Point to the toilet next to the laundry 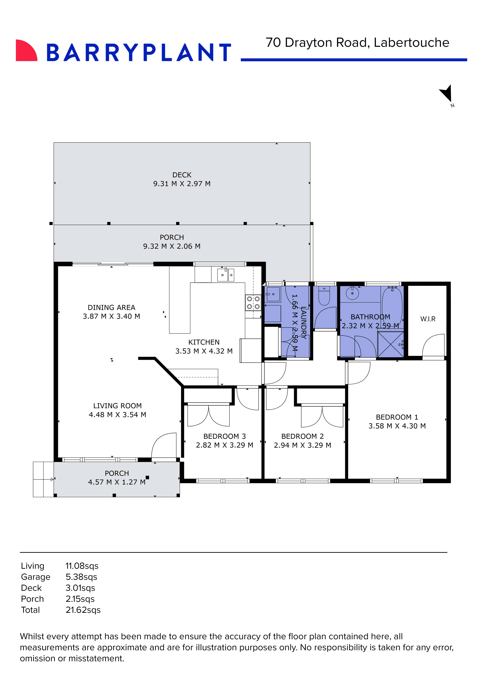pos(324,296)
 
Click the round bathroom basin pos(352,293)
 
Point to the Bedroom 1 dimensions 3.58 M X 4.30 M pos(397,426)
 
